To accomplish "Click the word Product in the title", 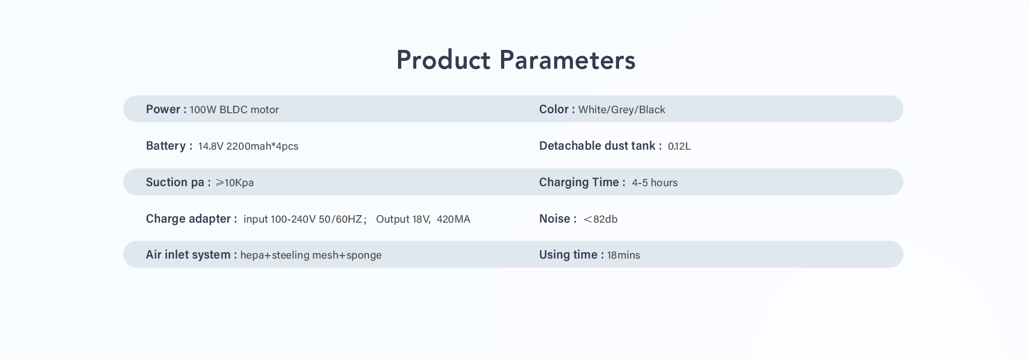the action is (443, 60).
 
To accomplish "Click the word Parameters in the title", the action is (568, 60).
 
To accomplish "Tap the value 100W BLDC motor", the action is (234, 110).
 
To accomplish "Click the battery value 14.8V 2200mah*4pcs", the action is (248, 146).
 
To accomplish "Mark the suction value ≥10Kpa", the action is (234, 182).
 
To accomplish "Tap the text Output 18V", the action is (403, 219).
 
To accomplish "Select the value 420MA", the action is (453, 219).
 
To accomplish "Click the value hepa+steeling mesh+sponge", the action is (311, 255).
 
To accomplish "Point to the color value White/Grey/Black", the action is (622, 110).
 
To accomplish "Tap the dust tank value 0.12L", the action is (679, 146).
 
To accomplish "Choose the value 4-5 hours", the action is (654, 182).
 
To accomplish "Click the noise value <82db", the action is (600, 219).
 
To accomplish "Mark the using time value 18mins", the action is (623, 255).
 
